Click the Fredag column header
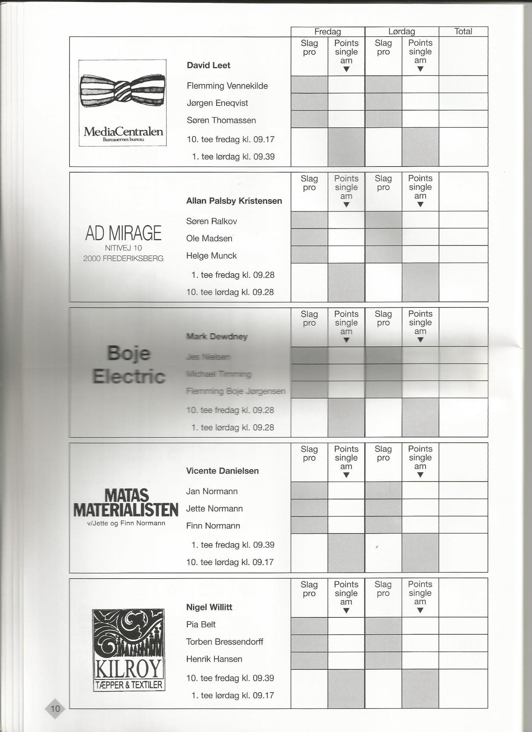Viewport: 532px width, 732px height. click(x=327, y=31)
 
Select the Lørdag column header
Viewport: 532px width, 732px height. click(x=401, y=31)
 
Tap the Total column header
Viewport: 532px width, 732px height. click(x=463, y=31)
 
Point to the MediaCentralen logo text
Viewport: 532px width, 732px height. click(x=123, y=132)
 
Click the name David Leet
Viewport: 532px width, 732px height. click(x=209, y=66)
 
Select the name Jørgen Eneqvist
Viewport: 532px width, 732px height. click(x=217, y=103)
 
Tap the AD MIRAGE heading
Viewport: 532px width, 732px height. click(x=123, y=233)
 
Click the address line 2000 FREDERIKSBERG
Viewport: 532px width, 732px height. click(x=123, y=258)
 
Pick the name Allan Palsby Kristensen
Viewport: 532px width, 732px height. click(x=234, y=201)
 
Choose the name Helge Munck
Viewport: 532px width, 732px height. click(x=211, y=256)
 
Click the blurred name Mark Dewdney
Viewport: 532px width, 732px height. click(x=217, y=336)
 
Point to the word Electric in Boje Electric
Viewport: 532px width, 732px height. click(x=129, y=377)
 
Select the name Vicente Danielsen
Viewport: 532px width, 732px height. click(x=222, y=471)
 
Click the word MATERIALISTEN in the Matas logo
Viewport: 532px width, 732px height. click(x=126, y=510)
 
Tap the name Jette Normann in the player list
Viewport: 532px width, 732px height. click(x=214, y=509)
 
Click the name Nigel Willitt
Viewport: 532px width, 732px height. click(x=209, y=607)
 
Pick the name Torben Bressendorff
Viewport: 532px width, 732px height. click(x=225, y=642)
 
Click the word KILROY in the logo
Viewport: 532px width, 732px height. click(x=128, y=669)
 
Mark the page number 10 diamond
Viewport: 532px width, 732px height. click(x=55, y=709)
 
